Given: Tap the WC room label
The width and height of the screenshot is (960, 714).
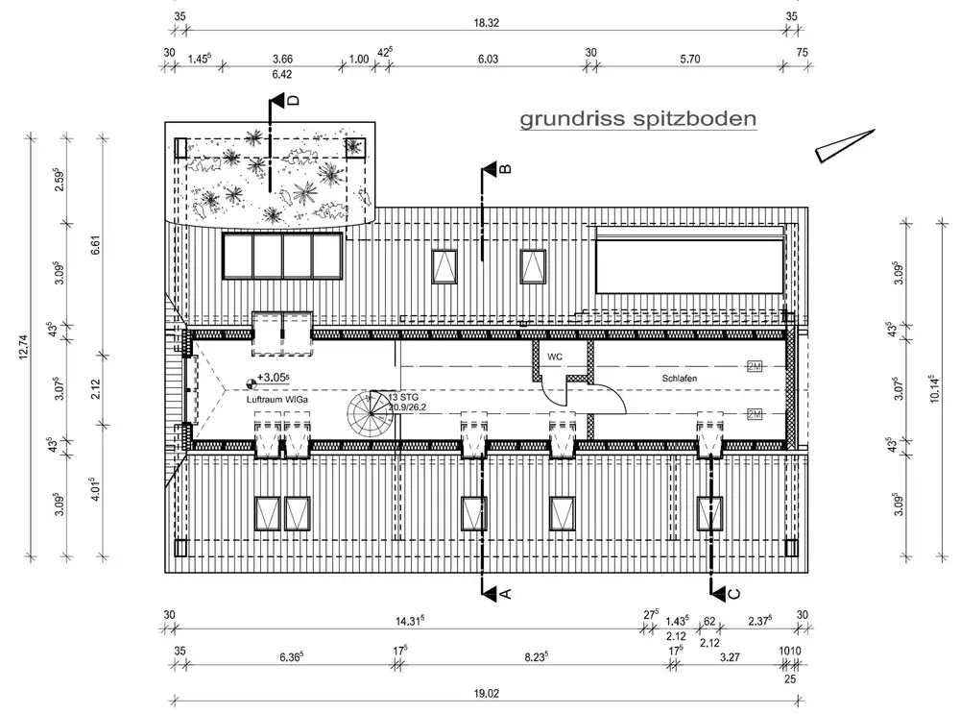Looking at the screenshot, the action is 555,357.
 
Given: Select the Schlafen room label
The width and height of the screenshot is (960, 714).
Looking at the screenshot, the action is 679,379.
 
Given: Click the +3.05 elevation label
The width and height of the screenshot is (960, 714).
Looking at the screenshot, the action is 273,379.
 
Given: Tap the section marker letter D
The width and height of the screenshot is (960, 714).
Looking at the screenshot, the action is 292,99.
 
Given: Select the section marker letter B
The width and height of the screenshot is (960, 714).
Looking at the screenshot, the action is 505,170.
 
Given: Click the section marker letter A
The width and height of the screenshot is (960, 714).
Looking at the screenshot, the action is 505,594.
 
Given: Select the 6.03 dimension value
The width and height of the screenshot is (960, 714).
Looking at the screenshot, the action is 488,58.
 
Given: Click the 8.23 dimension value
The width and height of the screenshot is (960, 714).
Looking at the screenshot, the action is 535,657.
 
